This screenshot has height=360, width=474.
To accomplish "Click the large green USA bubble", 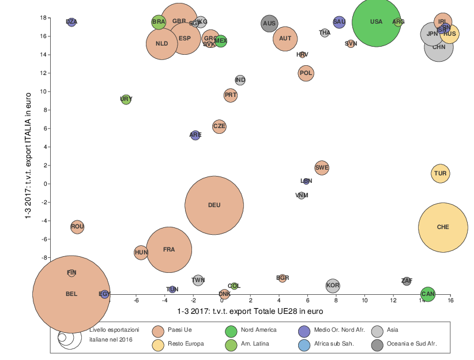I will (376, 22).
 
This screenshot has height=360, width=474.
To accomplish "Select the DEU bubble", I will (214, 205).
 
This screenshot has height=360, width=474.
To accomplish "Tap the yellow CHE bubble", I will (443, 227).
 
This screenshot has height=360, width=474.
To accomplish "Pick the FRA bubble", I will (169, 250).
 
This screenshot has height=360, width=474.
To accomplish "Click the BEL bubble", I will (72, 294).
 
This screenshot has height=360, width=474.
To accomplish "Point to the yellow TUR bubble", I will (441, 174).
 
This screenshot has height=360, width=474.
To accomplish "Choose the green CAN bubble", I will (428, 294).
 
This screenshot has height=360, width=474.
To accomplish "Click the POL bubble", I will (306, 73).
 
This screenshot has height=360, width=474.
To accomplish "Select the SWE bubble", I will (322, 168).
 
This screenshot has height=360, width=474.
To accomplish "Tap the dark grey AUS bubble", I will (269, 24).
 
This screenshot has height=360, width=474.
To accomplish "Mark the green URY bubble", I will (126, 99).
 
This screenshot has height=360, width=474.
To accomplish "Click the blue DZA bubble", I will (72, 22).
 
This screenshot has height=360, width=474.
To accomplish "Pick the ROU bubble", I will (77, 227).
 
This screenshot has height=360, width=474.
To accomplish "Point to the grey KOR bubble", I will (333, 286).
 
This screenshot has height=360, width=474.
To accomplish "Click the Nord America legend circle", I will (231, 331).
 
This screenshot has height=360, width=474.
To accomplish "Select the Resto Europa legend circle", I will (159, 344).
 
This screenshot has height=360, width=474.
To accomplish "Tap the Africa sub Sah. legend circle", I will (305, 344).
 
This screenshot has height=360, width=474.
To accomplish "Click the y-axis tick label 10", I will (27, 92).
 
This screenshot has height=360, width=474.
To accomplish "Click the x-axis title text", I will (250, 312).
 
